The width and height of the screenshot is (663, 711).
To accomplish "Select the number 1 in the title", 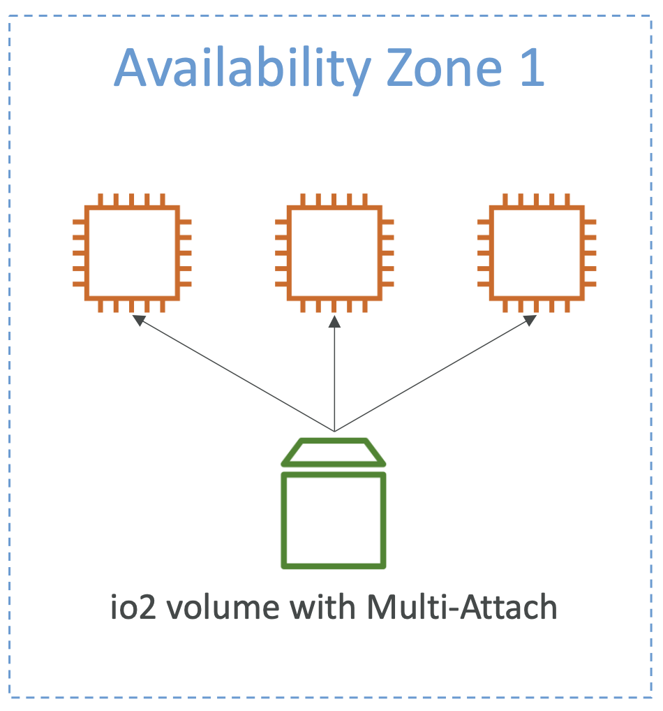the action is click(530, 69).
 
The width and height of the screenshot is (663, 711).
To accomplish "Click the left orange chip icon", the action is click(132, 253).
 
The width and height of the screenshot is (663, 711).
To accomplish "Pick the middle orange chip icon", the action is click(334, 253).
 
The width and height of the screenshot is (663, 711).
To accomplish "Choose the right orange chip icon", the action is click(537, 253).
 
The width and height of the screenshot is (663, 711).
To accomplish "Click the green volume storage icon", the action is click(334, 503).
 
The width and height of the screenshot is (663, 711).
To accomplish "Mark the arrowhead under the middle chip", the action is click(334, 322).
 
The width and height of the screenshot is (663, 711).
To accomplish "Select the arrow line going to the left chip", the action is click(237, 376).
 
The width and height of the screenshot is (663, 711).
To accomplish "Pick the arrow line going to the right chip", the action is click(433, 376).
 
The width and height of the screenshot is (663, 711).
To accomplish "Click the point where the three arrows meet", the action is click(334, 430).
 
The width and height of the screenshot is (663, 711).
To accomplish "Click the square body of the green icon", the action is click(334, 520).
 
